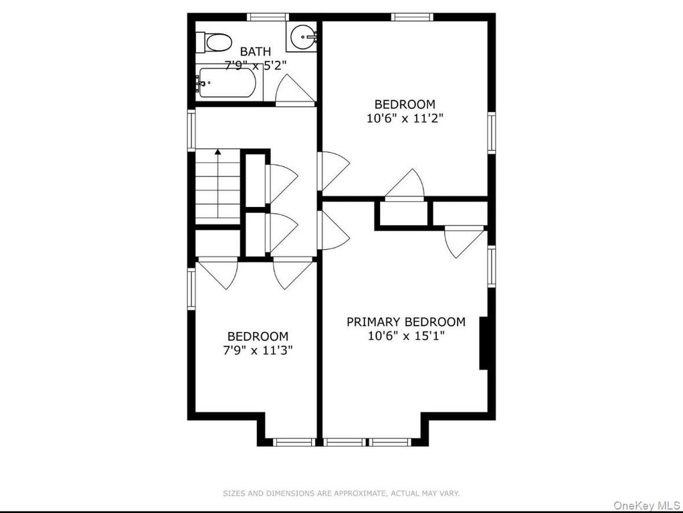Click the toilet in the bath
tap(214, 42)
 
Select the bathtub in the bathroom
tap(225, 83)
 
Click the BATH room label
tap(256, 51)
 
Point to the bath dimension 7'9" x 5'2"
tap(256, 65)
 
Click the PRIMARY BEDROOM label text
tap(406, 322)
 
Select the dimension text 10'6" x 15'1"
tap(406, 336)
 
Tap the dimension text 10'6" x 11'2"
tap(405, 118)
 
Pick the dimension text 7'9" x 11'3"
tap(258, 350)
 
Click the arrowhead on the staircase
tap(218, 152)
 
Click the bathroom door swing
tap(295, 90)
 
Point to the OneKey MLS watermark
tap(646, 505)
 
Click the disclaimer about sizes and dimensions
tap(341, 494)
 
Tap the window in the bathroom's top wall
tap(268, 17)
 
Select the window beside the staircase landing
tap(191, 130)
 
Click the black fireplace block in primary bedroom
tap(484, 343)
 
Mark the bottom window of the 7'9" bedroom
tap(294, 442)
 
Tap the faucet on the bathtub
tap(201, 83)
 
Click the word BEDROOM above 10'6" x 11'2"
tap(405, 104)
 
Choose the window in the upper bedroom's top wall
tap(411, 17)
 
